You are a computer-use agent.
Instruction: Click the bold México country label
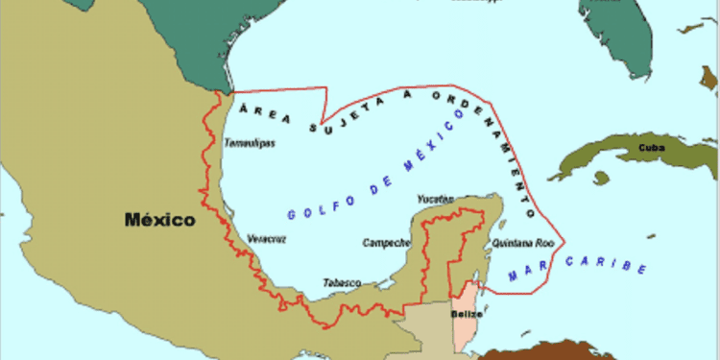[159, 220]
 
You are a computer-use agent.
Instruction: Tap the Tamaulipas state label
[250, 143]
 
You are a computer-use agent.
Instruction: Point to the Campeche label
[386, 243]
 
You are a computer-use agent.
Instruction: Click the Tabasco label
[342, 282]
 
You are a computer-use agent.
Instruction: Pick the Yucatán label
[435, 199]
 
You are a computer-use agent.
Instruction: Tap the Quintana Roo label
[523, 243]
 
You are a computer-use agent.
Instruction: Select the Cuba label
[651, 148]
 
